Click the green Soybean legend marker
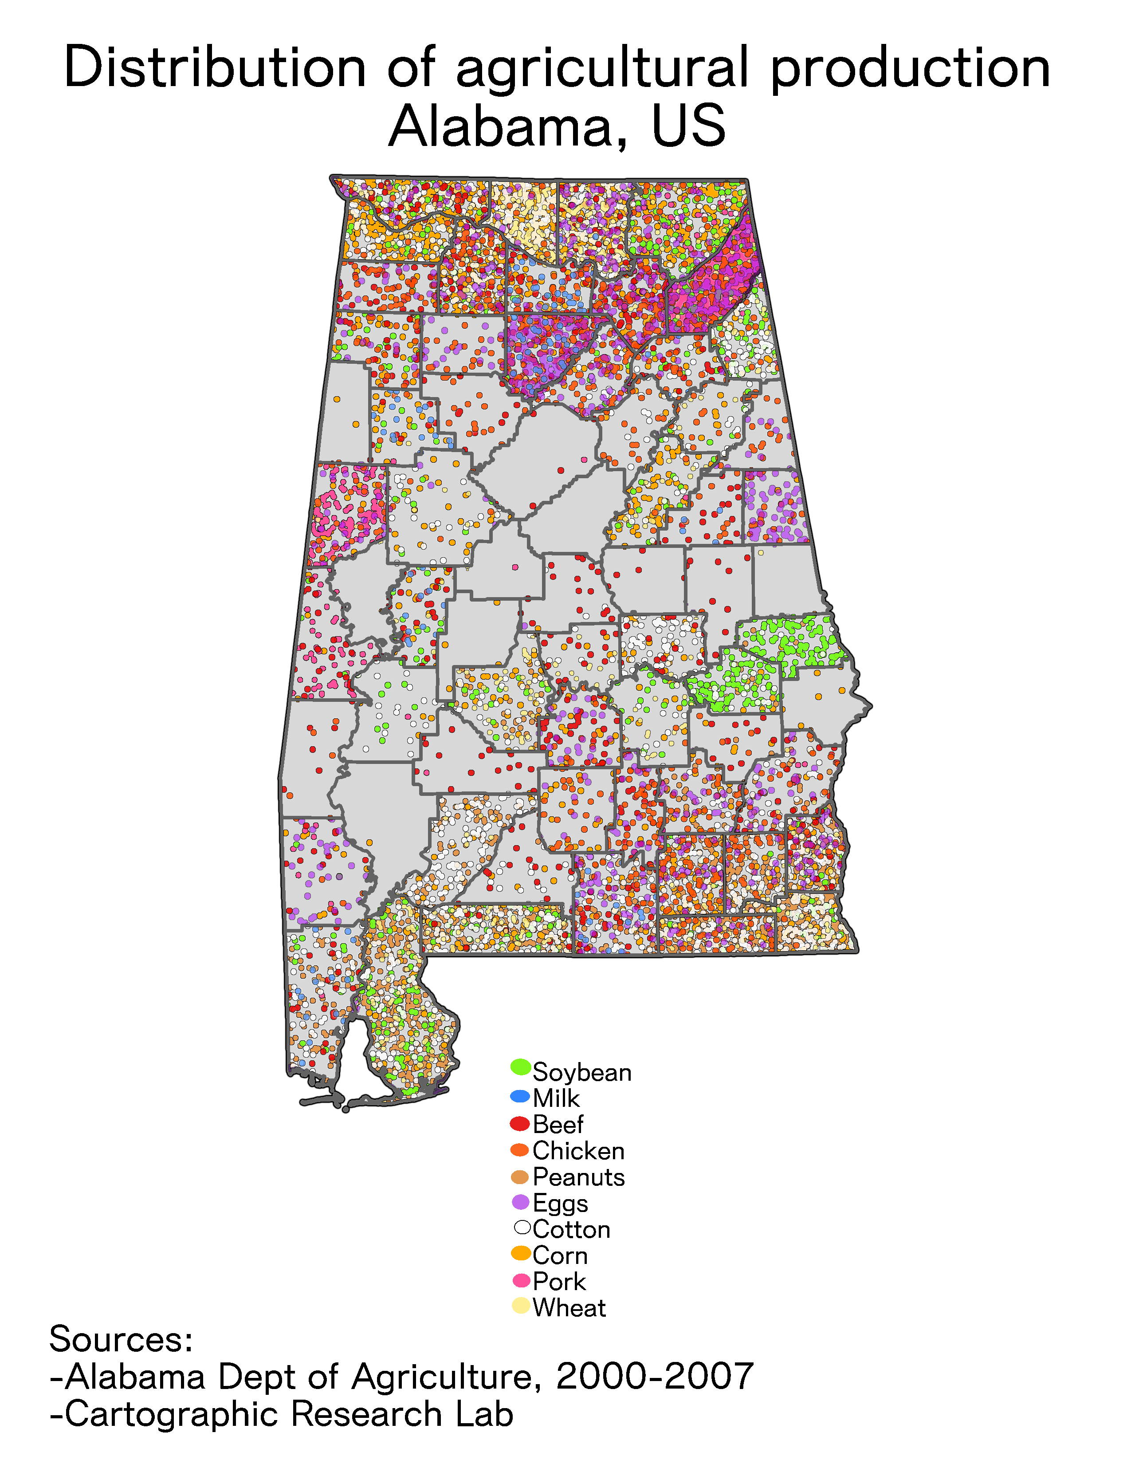521,1067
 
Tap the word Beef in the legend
558,1124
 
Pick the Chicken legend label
578,1150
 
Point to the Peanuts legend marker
521,1177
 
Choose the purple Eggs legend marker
521,1202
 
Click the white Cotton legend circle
522,1228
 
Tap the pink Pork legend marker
521,1280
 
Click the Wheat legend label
569,1307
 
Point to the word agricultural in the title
602,68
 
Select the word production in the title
910,68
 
